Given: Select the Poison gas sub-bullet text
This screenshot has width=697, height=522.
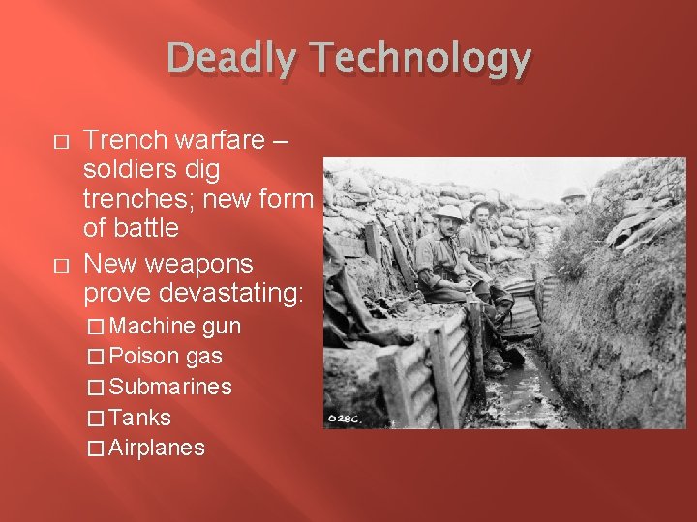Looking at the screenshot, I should tap(166, 357).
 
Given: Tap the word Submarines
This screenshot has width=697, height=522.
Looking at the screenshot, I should tap(170, 387).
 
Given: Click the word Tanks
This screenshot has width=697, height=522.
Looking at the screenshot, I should tap(140, 418).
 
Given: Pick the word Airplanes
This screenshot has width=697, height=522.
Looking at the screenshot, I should tap(157, 448).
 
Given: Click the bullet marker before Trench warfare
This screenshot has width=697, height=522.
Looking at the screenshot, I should tap(61, 142).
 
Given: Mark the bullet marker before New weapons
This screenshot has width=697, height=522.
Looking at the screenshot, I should tap(61, 265).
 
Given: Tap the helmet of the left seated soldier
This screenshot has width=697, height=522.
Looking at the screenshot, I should tap(448, 213).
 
